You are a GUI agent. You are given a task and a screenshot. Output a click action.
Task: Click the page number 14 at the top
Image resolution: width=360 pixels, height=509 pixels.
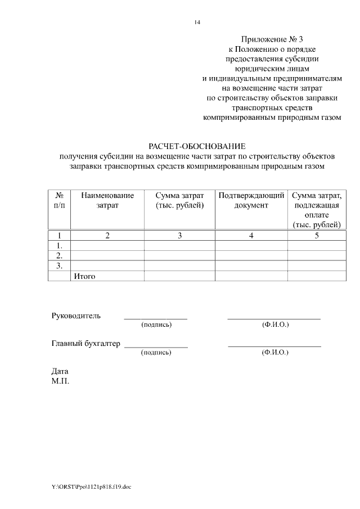tap(197, 22)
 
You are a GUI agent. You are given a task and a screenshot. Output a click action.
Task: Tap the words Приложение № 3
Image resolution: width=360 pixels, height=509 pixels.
tap(272, 39)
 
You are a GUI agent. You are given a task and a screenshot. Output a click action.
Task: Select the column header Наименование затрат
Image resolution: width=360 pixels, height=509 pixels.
tap(107, 200)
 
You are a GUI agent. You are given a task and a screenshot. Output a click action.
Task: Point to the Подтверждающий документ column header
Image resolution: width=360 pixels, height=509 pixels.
tap(251, 200)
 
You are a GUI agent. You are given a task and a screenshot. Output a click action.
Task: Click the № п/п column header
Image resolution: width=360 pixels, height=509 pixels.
tap(59, 200)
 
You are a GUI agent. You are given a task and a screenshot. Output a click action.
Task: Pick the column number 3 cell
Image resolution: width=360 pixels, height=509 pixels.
tap(179, 236)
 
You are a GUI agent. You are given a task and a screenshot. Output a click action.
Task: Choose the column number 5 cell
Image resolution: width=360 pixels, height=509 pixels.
tap(317, 236)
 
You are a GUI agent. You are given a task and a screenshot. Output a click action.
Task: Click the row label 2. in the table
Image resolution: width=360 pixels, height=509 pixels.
tap(59, 256)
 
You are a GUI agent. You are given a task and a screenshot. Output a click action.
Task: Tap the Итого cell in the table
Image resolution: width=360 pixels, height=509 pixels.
tap(85, 276)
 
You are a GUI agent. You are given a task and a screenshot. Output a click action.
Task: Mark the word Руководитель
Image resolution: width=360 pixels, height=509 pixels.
tap(76, 316)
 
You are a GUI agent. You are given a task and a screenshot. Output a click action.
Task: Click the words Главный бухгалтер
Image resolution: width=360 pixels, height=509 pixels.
tap(86, 344)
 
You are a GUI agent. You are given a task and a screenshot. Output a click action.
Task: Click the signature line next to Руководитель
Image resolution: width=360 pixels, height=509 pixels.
tap(155, 318)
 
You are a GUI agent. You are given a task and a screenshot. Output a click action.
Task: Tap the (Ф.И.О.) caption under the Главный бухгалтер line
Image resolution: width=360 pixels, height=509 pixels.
tap(275, 353)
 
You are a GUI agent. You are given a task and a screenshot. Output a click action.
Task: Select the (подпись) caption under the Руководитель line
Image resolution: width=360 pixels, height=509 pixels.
tap(156, 325)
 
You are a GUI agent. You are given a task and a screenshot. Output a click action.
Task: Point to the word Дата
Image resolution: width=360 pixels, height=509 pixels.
tap(60, 371)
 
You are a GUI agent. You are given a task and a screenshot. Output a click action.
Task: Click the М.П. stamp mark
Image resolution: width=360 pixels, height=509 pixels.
tap(60, 381)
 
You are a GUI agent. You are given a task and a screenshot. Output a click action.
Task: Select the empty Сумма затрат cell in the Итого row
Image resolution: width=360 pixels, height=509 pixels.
tap(179, 276)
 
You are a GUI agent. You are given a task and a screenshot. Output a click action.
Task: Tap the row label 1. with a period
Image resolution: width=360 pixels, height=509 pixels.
tap(59, 246)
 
